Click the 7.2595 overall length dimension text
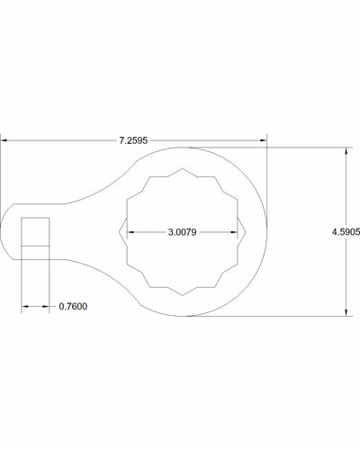coord(133,140)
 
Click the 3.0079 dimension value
coord(182,232)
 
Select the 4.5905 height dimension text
coord(346,232)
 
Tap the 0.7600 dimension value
coord(73,307)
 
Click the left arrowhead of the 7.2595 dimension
coord(4,140)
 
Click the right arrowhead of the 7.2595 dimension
coord(263,140)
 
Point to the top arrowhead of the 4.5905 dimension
coord(346,151)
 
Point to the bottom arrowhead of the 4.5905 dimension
coord(346,312)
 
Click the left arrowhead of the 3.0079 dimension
coord(130,232)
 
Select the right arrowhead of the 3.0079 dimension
coord(234,232)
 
